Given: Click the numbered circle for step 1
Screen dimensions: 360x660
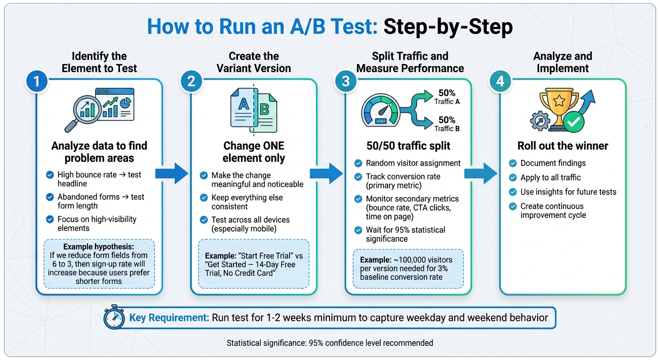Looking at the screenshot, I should (x=36, y=82).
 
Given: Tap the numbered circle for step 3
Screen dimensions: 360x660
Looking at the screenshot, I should (x=345, y=82).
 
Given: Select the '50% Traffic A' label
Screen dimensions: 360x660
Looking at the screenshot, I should (x=446, y=97).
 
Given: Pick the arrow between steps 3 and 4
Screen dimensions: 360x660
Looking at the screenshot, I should (x=480, y=173).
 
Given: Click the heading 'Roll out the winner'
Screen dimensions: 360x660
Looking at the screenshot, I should (x=562, y=146).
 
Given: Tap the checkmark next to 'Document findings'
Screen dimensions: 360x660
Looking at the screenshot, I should (x=513, y=163).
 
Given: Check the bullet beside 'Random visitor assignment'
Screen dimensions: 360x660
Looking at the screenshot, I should (x=358, y=163).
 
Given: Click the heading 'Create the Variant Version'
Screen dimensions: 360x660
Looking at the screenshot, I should (x=254, y=62).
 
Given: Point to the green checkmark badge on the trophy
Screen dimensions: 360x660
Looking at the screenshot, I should (x=574, y=122).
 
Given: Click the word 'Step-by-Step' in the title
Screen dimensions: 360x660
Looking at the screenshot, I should (x=448, y=27).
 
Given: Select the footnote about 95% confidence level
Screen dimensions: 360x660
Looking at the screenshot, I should (x=330, y=343).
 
